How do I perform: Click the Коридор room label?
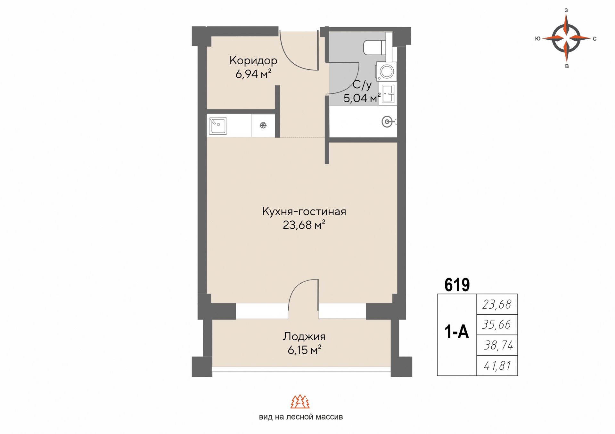pyautogui.click(x=253, y=60)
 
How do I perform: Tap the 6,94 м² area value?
pyautogui.click(x=253, y=74)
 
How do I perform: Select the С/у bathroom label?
pyautogui.click(x=362, y=85)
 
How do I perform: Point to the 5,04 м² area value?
pyautogui.click(x=362, y=98)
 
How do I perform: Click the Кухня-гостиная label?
pyautogui.click(x=304, y=211)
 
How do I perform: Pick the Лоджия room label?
pyautogui.click(x=304, y=336)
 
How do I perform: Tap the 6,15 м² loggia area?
pyautogui.click(x=304, y=350)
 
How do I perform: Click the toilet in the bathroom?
pyautogui.click(x=375, y=47)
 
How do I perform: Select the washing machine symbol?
pyautogui.click(x=386, y=72)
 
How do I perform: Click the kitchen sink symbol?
pyautogui.click(x=218, y=126)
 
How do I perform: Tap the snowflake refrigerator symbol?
pyautogui.click(x=263, y=125)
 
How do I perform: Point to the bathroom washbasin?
pyautogui.click(x=388, y=94)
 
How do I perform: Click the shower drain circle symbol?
pyautogui.click(x=387, y=122)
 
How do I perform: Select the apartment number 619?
pyautogui.click(x=457, y=285)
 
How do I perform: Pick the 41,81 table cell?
pyautogui.click(x=497, y=366)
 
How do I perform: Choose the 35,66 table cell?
pyautogui.click(x=497, y=325)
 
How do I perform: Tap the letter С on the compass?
pyautogui.click(x=594, y=39)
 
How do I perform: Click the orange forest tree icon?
pyautogui.click(x=300, y=401)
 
